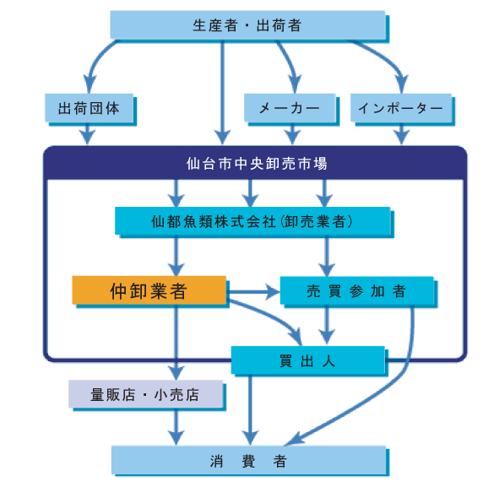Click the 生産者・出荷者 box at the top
pos(248,25)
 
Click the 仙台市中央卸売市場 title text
pos(257,164)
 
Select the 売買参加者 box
pos(357,290)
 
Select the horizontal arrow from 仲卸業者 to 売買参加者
pos(254,291)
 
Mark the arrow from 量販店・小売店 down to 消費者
pos(176,426)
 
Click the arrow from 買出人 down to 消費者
pos(250,409)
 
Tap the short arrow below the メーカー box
pos(293,133)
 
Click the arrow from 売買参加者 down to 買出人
pos(327,325)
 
